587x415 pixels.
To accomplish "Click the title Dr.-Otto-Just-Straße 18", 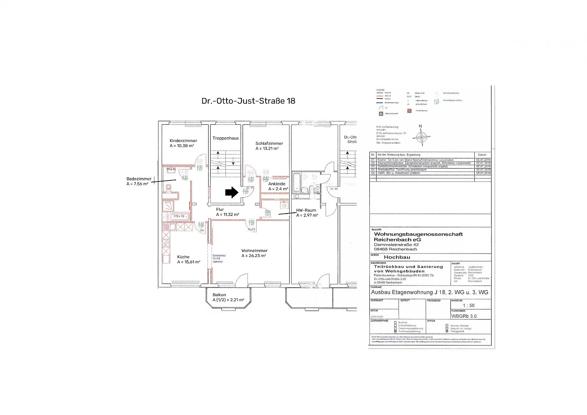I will click(248, 101).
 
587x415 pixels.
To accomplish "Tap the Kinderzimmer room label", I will click(183, 141).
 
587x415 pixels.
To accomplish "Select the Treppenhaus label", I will click(225, 138).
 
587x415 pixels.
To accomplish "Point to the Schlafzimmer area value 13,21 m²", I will click(267, 149).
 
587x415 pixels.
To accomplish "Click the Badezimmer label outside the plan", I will click(139, 179).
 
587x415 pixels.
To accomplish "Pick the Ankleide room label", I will click(277, 184).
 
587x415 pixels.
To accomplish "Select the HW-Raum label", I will click(306, 210).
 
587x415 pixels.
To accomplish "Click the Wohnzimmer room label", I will click(254, 251).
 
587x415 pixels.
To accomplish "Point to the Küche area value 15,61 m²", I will click(189, 262).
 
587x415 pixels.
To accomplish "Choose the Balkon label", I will click(219, 295).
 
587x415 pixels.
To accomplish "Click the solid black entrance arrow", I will click(232, 192).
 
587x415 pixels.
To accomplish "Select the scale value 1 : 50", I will click(468, 305).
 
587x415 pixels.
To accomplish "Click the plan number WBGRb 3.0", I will click(464, 316).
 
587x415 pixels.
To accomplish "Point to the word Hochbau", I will click(397, 257).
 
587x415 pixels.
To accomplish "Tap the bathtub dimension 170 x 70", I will click(178, 216).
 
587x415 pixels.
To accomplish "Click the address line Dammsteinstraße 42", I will click(396, 244).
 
